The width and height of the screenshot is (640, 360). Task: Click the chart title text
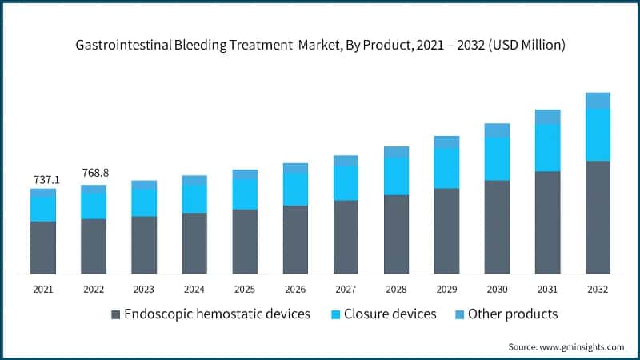click(320, 46)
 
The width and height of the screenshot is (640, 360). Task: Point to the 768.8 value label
click(94, 174)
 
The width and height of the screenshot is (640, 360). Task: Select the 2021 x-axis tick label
click(43, 289)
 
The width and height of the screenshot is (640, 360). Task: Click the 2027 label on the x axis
click(346, 289)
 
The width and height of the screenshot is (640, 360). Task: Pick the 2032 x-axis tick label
click(598, 289)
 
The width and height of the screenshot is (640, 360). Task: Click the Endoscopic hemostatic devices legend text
click(218, 314)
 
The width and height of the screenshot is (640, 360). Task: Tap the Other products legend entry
click(505, 314)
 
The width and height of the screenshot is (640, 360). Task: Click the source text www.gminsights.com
click(566, 346)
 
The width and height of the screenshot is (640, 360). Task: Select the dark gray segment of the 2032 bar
click(598, 218)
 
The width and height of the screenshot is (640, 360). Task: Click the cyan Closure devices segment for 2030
click(497, 158)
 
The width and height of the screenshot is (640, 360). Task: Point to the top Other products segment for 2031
click(547, 117)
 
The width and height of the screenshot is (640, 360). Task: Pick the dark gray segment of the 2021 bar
click(43, 248)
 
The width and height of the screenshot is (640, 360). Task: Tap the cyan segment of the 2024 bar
click(194, 198)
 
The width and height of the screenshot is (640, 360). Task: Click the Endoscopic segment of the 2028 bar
click(396, 234)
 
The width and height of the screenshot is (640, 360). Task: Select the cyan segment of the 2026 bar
click(295, 189)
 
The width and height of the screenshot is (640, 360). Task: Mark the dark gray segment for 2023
click(144, 246)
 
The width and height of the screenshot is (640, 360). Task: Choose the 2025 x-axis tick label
click(245, 289)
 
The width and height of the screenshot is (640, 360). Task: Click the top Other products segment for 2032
click(598, 100)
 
